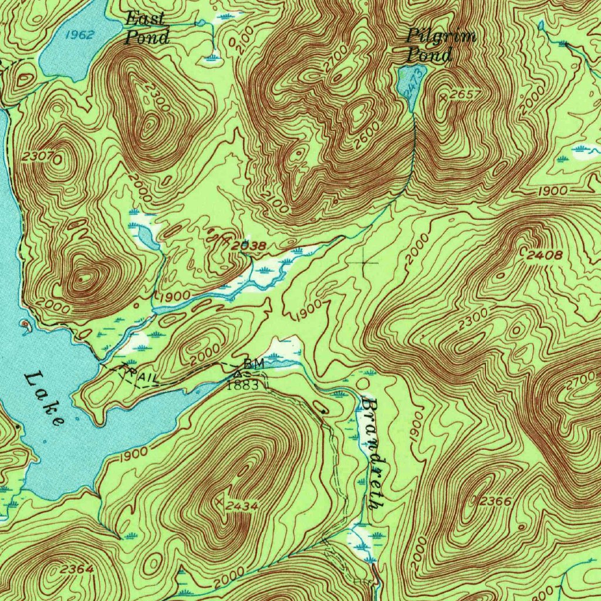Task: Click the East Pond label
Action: [x=147, y=28]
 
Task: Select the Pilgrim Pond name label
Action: [x=440, y=46]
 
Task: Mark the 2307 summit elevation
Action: [x=39, y=156]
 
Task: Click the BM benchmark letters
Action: [x=254, y=364]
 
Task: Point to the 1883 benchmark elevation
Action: [x=242, y=386]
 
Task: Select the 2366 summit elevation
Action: [x=496, y=501]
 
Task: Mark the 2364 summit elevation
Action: [x=76, y=568]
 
